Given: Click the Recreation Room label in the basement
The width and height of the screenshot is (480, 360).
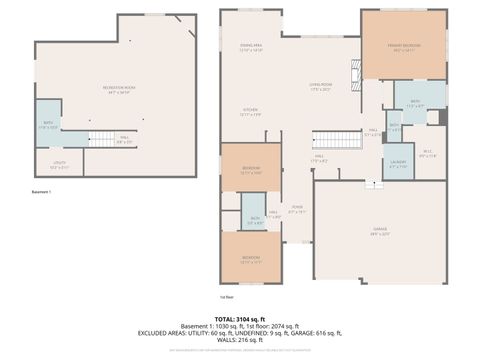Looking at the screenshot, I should click(119, 89).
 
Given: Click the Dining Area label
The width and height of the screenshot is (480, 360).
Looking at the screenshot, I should click(250, 47).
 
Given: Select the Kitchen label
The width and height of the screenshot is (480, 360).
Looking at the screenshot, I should click(250, 112).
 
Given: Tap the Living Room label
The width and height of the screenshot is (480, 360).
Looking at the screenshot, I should click(319, 88).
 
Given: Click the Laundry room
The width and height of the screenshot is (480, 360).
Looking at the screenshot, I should click(398, 164).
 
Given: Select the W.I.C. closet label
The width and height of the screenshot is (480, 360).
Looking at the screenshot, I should click(428, 154).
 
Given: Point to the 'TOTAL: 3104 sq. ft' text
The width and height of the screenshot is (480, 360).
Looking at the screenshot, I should click(240, 317).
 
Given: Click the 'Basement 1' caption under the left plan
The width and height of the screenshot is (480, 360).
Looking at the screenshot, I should click(41, 191).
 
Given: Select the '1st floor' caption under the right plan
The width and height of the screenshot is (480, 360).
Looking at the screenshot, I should click(227, 297).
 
